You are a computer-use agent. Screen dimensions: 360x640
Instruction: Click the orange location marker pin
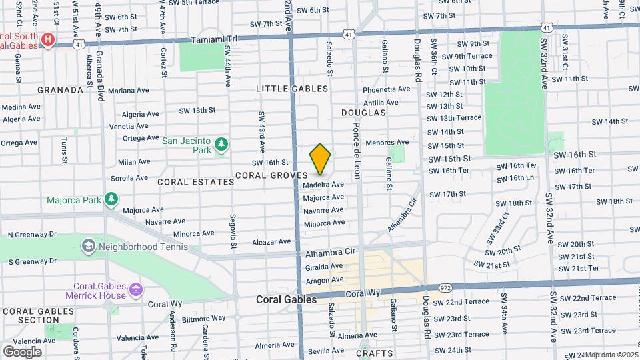[320, 159]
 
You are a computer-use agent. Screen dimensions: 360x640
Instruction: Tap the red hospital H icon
[47, 40]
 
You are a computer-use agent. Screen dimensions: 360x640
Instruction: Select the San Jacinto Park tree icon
[220, 144]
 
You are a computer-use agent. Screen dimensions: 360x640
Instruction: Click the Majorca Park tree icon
[112, 199]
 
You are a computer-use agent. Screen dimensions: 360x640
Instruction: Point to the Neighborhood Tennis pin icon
[88, 247]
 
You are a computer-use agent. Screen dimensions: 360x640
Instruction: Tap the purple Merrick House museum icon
[136, 289]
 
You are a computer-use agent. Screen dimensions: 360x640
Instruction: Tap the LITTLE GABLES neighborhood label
[292, 89]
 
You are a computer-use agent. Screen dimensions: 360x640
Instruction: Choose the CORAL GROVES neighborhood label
[270, 175]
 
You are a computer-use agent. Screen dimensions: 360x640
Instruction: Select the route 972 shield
[445, 287]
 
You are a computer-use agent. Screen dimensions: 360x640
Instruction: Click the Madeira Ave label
[323, 185]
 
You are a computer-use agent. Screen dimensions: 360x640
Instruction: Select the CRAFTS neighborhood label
[371, 353]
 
